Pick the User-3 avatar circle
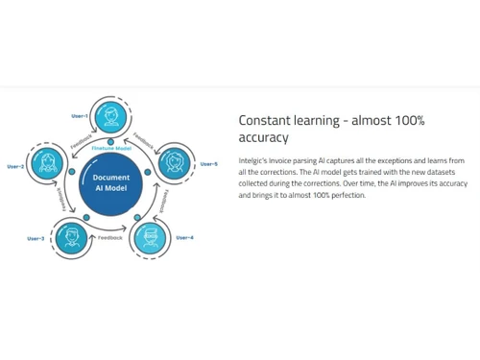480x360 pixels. click(70, 237)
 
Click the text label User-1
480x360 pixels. click(80, 116)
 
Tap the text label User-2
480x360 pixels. click(15, 166)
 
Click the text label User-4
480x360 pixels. click(184, 237)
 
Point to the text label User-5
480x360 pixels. click(208, 164)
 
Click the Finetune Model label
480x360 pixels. click(110, 149)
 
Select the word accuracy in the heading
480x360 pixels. click(263, 138)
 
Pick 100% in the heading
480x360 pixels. click(407, 121)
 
